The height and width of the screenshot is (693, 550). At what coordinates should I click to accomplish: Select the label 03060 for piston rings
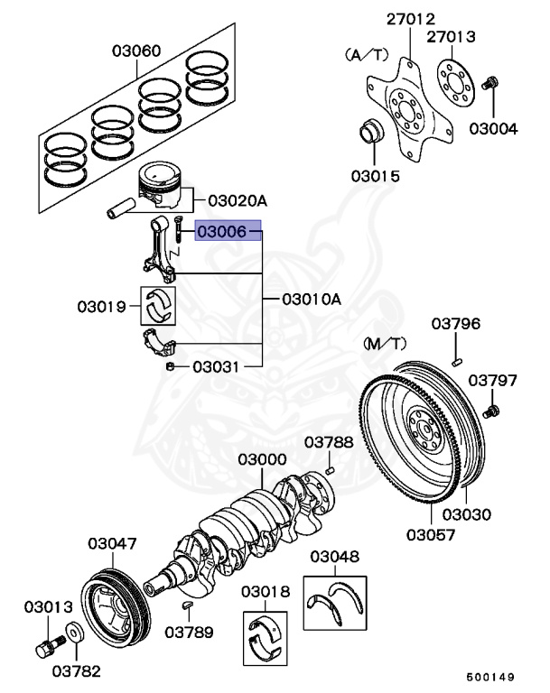click(136, 51)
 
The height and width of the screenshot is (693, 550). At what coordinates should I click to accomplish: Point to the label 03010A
click(312, 299)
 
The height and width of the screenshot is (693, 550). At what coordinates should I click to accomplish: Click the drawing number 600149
click(490, 676)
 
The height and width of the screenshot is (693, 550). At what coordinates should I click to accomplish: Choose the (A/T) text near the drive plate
click(364, 54)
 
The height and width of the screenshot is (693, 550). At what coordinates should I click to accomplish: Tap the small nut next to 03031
click(170, 366)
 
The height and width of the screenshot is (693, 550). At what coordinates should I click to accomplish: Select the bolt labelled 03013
click(47, 647)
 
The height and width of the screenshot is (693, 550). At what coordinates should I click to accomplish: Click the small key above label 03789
click(187, 604)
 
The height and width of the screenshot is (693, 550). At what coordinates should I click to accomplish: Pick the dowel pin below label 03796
click(457, 361)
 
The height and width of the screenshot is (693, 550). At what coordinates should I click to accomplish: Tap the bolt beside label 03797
click(491, 411)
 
